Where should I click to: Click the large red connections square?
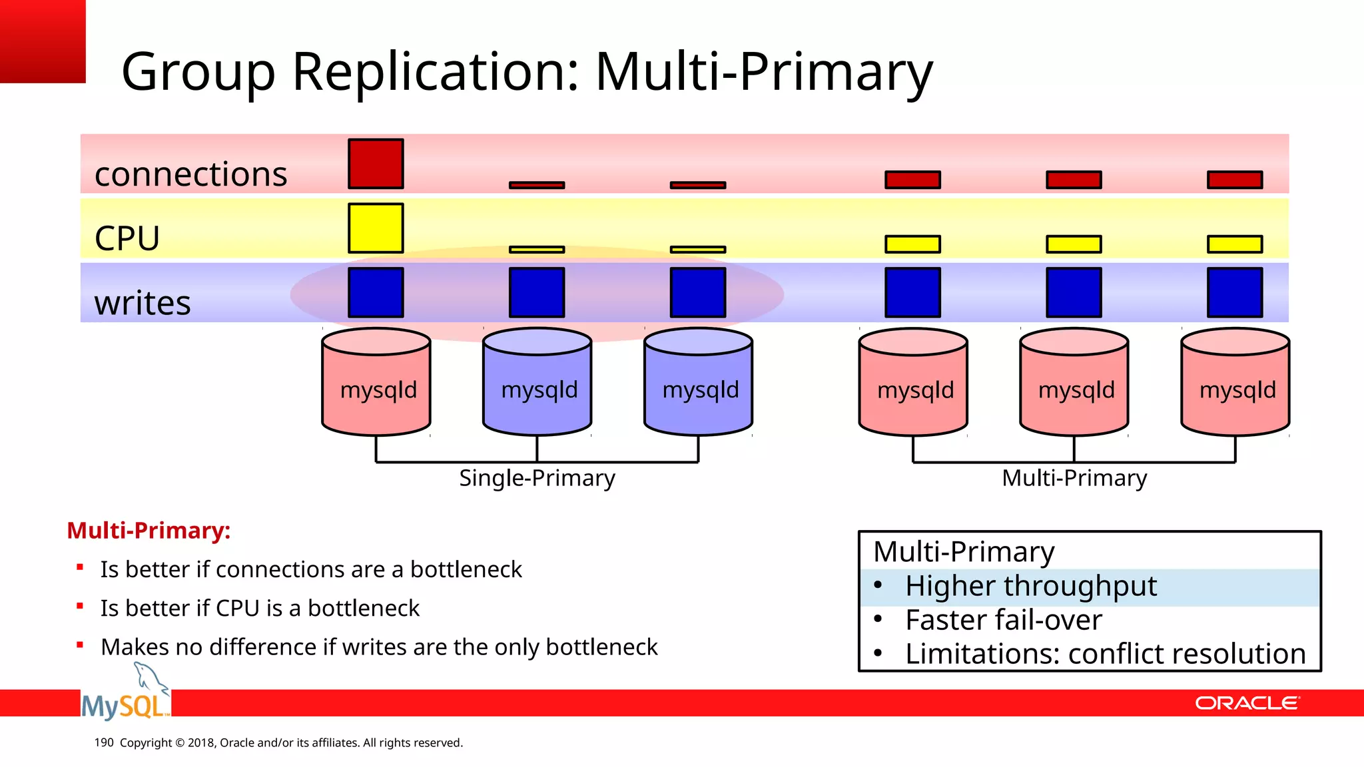pos(376,164)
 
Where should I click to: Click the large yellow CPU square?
pos(376,228)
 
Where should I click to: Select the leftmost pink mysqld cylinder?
pos(376,383)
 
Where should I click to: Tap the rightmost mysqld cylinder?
pos(1235,383)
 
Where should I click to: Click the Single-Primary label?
pos(537,478)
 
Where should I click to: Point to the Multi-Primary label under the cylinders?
pos(1074,478)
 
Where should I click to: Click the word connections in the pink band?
pos(190,174)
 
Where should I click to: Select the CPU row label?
pos(127,238)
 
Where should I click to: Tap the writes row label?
pos(143,303)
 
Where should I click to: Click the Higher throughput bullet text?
pos(1030,586)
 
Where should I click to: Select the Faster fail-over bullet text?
pos(1003,620)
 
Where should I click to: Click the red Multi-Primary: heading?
pos(149,531)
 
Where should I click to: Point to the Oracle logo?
pos(1246,703)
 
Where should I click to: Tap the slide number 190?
pos(104,742)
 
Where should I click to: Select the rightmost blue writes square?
pos(1235,292)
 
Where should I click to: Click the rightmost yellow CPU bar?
pos(1235,244)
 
